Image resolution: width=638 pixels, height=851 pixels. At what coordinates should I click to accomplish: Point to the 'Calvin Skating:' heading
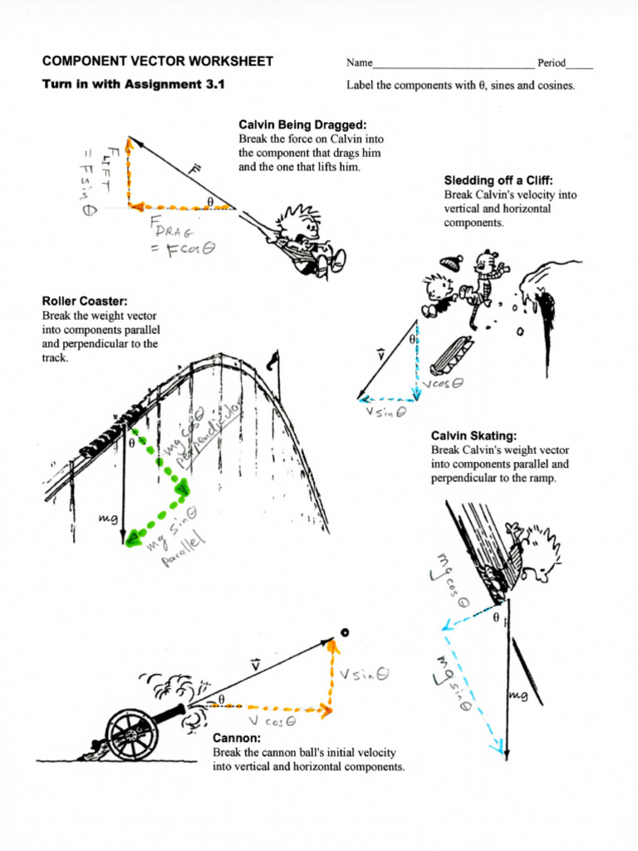[474, 436]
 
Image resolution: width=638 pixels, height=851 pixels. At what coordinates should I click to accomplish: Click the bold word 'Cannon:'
[237, 738]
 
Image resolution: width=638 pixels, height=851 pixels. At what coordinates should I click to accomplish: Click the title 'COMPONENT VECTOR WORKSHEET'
[157, 62]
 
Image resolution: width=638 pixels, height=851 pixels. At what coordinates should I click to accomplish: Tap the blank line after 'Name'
[453, 64]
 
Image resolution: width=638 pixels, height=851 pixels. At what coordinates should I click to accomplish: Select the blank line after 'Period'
[580, 64]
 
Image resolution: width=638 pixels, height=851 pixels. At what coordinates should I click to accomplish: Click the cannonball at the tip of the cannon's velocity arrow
[345, 633]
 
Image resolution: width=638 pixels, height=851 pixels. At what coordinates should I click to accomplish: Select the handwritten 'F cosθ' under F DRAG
[181, 250]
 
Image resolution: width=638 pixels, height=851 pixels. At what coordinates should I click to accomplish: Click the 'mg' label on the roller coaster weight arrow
[108, 518]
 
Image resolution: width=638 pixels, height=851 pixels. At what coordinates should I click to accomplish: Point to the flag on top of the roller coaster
[273, 359]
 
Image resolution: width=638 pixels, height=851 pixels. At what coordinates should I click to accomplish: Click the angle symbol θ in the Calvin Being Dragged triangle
[210, 200]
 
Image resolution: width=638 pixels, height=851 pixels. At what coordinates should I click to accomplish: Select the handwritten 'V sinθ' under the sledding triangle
[383, 411]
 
